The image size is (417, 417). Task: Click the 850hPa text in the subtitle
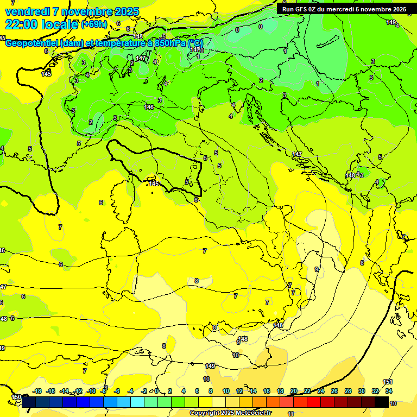coord(168,43)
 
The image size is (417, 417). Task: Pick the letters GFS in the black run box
coord(303,9)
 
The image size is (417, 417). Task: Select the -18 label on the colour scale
coord(37,391)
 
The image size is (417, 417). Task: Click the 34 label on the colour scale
coord(389,391)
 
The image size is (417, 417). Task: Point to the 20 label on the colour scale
coord(294,391)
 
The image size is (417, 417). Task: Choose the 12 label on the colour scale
coord(239,391)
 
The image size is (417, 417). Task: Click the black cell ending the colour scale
coord(382,402)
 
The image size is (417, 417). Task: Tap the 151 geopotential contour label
coord(388,382)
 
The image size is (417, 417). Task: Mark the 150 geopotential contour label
coord(16,397)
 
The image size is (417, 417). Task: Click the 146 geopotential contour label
coord(149,107)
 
